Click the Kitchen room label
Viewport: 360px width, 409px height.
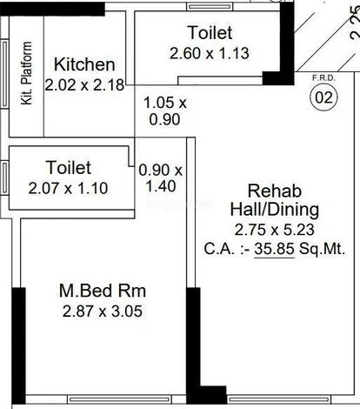point(84,64)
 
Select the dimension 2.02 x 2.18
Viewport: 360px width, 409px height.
point(84,85)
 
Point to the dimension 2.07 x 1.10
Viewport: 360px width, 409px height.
point(66,186)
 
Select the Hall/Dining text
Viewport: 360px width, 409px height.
point(274,210)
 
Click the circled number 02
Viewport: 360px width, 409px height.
point(323,97)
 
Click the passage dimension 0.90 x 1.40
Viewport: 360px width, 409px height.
point(162,178)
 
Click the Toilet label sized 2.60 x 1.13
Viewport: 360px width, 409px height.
point(210,33)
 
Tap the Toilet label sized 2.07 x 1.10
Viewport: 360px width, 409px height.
point(66,167)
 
